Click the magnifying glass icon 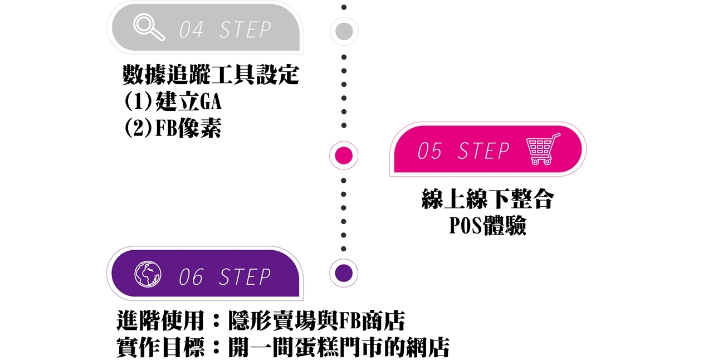pyautogui.click(x=149, y=27)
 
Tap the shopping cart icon pyautogui.click(x=543, y=149)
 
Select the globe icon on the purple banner pyautogui.click(x=148, y=275)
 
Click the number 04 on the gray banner pyautogui.click(x=191, y=30)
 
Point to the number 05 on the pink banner pyautogui.click(x=429, y=151)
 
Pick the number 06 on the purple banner pyautogui.click(x=191, y=277)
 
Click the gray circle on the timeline pyautogui.click(x=344, y=31)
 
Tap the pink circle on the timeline pyautogui.click(x=344, y=155)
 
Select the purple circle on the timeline pyautogui.click(x=344, y=273)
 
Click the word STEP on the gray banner pyautogui.click(x=245, y=30)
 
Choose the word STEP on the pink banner pyautogui.click(x=484, y=151)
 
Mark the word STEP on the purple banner pyautogui.click(x=245, y=277)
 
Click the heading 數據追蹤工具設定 pyautogui.click(x=211, y=75)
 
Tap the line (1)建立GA pyautogui.click(x=173, y=102)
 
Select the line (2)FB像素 pyautogui.click(x=173, y=128)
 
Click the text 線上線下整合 pyautogui.click(x=487, y=200)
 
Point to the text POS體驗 pyautogui.click(x=487, y=226)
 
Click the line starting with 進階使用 pyautogui.click(x=261, y=321)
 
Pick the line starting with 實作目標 pyautogui.click(x=283, y=348)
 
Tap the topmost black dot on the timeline pyautogui.click(x=344, y=7)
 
